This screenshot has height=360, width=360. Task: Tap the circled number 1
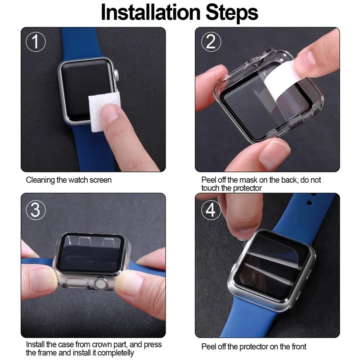[36, 42]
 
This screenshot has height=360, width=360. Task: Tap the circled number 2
[211, 42]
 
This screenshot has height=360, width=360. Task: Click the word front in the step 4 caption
[297, 346]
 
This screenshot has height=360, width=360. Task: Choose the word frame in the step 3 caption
[48, 353]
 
